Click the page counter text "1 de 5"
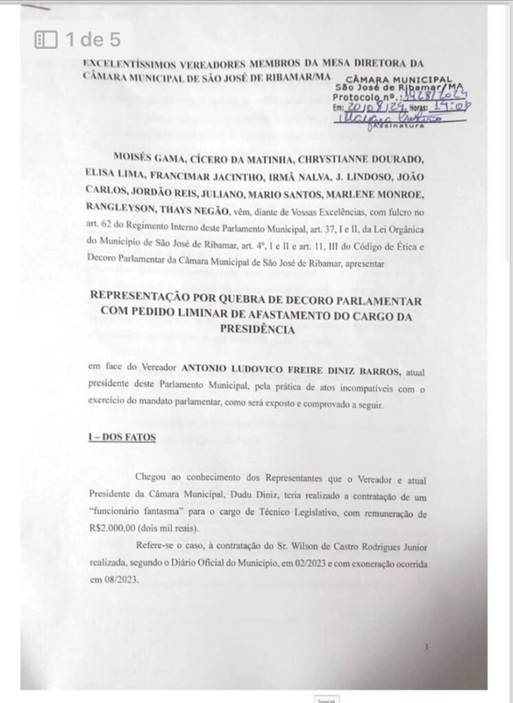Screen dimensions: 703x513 click(93, 40)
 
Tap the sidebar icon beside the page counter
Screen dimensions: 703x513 click(46, 41)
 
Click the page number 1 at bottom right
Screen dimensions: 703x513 click(426, 647)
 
